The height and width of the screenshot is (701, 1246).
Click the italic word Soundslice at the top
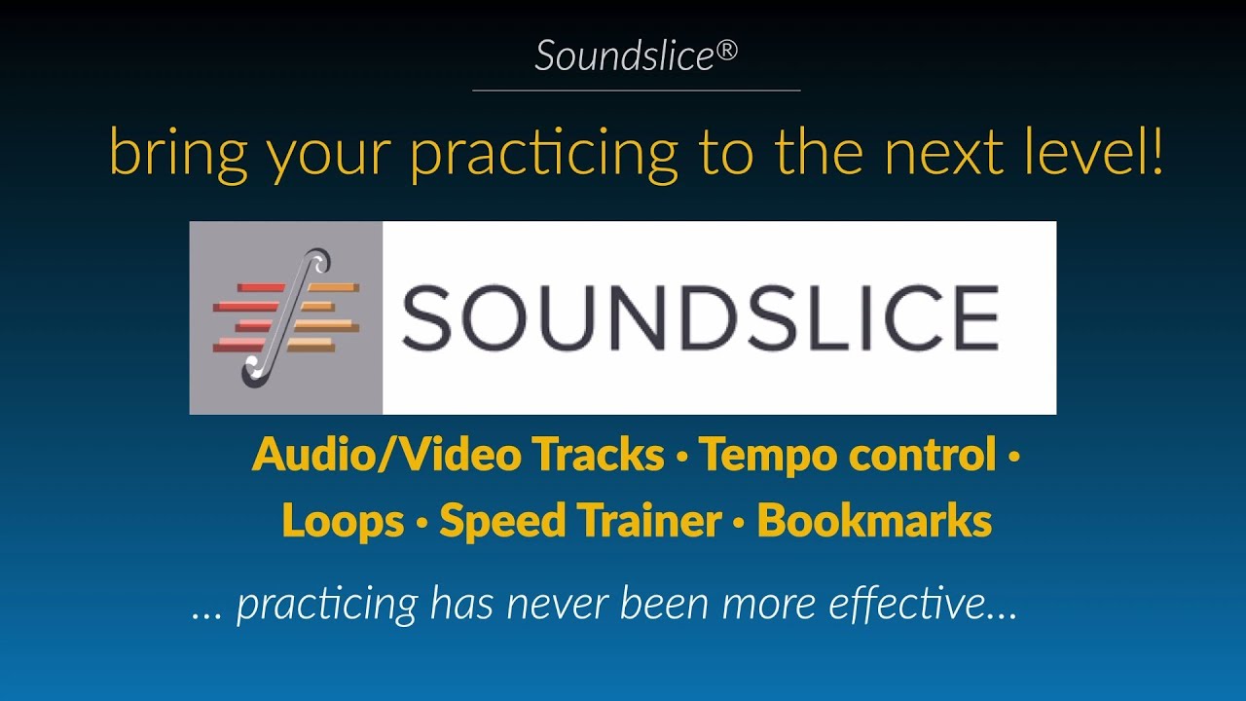tap(624, 56)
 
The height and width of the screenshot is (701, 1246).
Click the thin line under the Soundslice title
tap(636, 91)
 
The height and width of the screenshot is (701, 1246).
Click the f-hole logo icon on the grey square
tap(286, 317)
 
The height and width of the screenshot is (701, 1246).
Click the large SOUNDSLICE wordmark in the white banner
tap(699, 318)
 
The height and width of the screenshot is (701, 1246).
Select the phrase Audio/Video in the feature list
tap(385, 455)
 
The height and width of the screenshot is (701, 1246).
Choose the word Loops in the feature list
tap(343, 521)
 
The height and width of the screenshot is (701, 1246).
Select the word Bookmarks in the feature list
tap(874, 521)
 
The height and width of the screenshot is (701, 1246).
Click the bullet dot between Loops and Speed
tap(421, 523)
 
